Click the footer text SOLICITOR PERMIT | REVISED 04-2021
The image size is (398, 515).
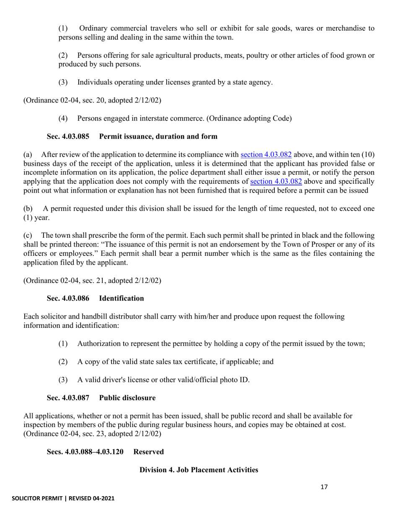tap(63, 498)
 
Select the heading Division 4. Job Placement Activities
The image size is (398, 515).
tap(199, 470)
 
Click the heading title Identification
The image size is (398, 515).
tap(121, 298)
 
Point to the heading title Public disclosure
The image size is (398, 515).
tap(127, 398)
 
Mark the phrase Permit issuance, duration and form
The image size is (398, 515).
tap(158, 136)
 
